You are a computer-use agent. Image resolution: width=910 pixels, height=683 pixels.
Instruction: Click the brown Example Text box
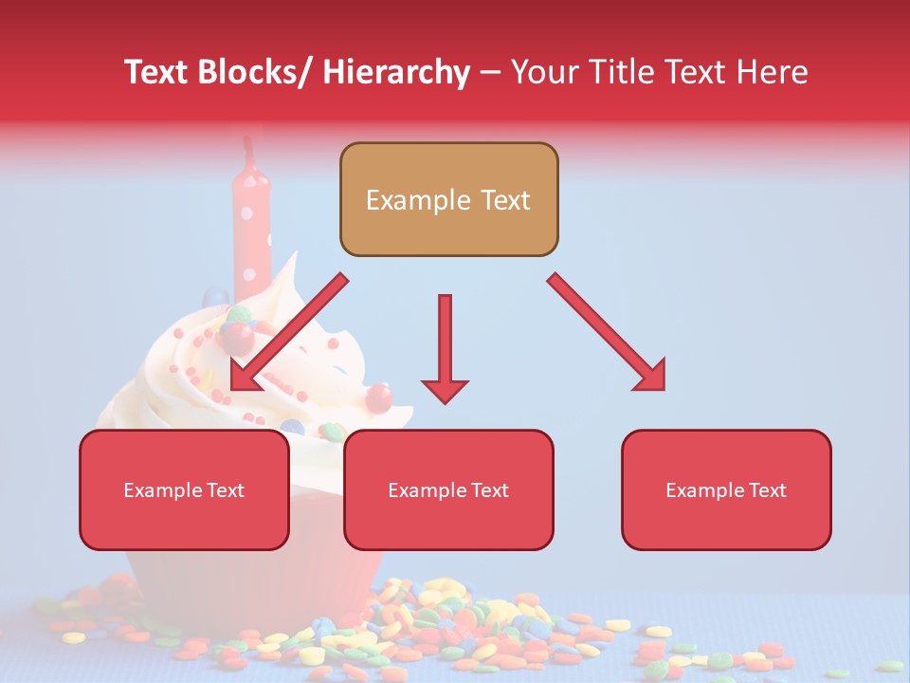pos(448,199)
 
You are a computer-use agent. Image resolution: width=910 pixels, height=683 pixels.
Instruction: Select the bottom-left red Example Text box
pos(184,489)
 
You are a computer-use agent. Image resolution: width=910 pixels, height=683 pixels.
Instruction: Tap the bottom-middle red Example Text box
pos(448,489)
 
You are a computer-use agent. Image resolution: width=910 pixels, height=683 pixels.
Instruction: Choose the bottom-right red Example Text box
pos(726,489)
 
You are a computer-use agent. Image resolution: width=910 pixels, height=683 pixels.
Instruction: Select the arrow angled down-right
pos(608,333)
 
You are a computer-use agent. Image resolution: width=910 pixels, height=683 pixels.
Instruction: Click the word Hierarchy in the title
pos(396,72)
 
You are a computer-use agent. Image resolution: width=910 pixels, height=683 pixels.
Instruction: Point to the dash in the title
pos(490,74)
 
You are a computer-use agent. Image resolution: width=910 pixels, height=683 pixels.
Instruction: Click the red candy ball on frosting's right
pos(379,397)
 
